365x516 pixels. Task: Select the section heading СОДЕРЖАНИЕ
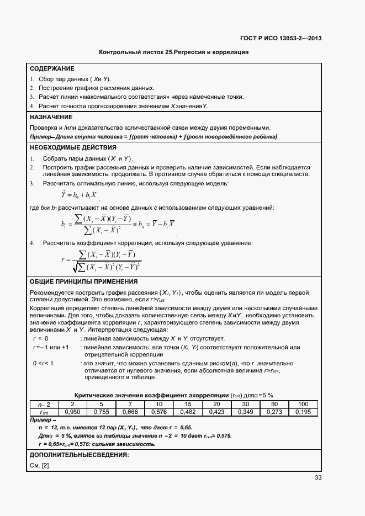(x=52, y=69)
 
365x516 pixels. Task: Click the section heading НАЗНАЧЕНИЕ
(x=51, y=118)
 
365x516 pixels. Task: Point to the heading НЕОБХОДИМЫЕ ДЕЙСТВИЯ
(x=72, y=147)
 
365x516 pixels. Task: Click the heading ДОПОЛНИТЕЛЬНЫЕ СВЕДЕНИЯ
(x=79, y=455)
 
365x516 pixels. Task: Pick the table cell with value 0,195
(x=303, y=412)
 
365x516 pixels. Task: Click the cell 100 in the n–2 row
(x=303, y=405)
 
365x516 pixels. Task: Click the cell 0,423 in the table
(x=216, y=412)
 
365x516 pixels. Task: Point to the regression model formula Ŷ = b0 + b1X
(x=80, y=194)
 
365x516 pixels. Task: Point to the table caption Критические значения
(x=173, y=396)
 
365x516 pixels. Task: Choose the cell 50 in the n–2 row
(x=274, y=405)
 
